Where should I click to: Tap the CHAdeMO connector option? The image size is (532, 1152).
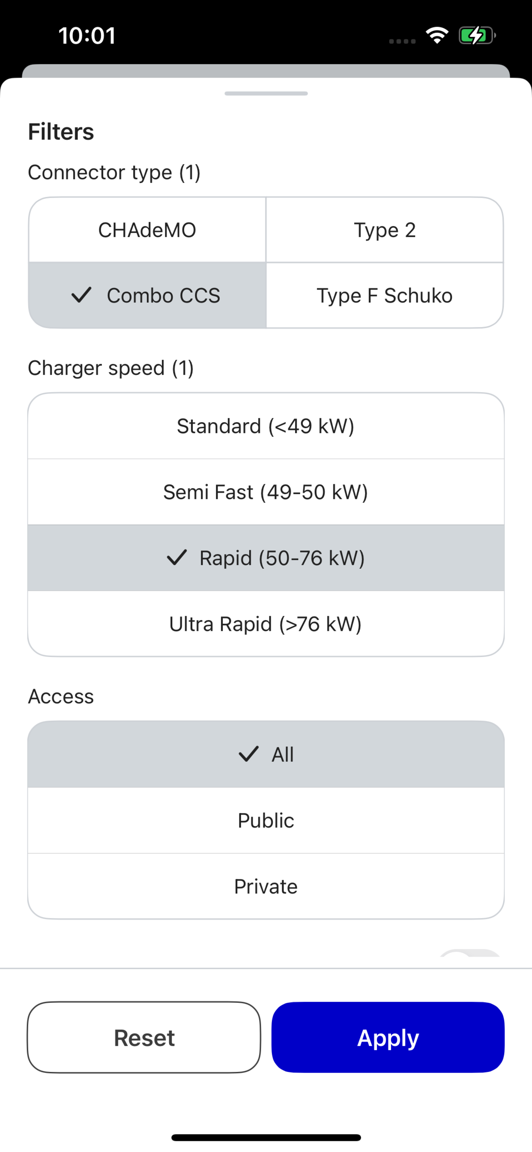(147, 230)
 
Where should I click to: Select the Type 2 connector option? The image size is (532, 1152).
(385, 230)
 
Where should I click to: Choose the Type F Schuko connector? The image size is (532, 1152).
(385, 296)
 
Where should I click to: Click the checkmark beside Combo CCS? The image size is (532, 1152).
(81, 295)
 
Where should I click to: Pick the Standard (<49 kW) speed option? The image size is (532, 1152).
(266, 426)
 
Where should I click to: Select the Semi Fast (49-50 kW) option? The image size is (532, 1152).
(266, 492)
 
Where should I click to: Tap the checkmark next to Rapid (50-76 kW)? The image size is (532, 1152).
(176, 558)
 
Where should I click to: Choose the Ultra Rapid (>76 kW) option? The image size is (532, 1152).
(266, 624)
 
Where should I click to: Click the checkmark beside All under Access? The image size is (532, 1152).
(248, 754)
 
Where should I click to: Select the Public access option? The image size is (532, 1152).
(266, 820)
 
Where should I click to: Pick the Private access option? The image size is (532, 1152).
(266, 886)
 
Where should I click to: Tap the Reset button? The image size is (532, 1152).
(144, 1037)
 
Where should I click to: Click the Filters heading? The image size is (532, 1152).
(61, 132)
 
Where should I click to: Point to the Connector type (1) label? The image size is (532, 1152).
(114, 173)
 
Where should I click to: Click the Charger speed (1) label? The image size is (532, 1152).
(111, 369)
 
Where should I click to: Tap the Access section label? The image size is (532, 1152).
(61, 696)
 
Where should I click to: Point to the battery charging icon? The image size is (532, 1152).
(477, 35)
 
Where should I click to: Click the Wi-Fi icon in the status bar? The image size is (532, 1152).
(437, 35)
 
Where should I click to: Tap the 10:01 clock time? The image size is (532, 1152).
(87, 36)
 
